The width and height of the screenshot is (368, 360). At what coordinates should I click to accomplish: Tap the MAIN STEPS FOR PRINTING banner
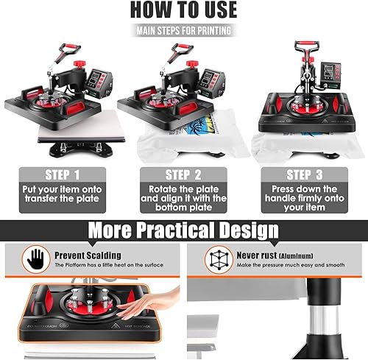(183, 31)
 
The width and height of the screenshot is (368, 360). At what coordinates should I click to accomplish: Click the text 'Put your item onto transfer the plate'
(65, 199)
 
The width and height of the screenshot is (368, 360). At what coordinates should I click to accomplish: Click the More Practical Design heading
(183, 230)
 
